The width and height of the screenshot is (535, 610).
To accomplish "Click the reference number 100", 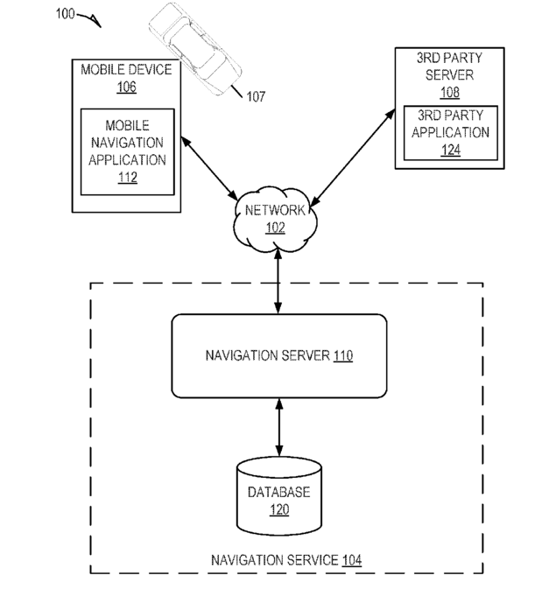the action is (x=65, y=14).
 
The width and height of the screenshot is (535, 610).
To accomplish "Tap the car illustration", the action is (x=195, y=49).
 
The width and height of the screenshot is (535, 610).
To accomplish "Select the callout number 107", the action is (x=256, y=96).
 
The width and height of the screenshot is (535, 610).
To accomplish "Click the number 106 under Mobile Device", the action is (x=126, y=87).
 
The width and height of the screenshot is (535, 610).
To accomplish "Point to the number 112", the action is (x=128, y=178).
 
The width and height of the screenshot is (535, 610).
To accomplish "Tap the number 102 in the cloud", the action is (x=275, y=228).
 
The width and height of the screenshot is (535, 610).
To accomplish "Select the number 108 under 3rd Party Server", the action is (x=450, y=92).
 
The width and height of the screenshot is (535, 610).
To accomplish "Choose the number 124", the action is (x=451, y=150).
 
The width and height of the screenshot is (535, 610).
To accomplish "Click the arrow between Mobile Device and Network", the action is (x=209, y=168).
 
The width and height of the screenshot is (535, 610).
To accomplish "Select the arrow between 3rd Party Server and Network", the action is (x=353, y=158).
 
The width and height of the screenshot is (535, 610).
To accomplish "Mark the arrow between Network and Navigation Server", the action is (x=278, y=281).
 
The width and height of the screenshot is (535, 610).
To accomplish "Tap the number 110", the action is (x=343, y=355).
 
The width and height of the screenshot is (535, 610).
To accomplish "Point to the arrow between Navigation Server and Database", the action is (x=279, y=427).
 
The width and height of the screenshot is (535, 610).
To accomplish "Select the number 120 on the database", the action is (x=279, y=509).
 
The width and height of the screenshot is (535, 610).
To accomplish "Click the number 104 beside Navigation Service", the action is (x=352, y=560).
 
